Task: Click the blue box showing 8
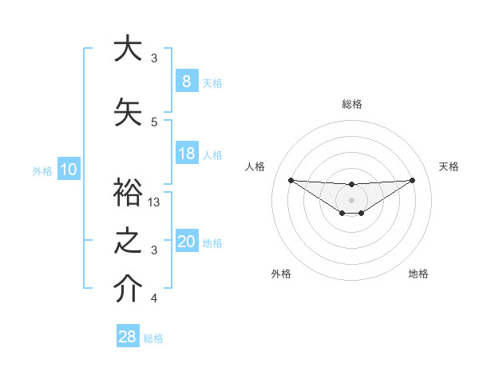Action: coord(186,82)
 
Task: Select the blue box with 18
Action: coord(186,154)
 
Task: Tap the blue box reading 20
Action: coord(186,242)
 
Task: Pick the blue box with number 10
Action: coord(69,170)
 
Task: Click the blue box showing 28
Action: coord(128,337)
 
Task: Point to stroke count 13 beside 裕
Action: coord(154,202)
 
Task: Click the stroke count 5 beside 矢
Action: coord(154,122)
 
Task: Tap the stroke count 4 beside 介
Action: coord(154,298)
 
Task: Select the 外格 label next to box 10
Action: coord(42,170)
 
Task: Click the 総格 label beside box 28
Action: coord(153,338)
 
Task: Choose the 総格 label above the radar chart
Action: coord(351,104)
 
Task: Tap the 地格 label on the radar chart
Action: coord(418,274)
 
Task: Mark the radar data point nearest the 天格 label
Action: coord(413,180)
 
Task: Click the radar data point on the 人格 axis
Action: coord(291,180)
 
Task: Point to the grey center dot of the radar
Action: coord(351,199)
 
